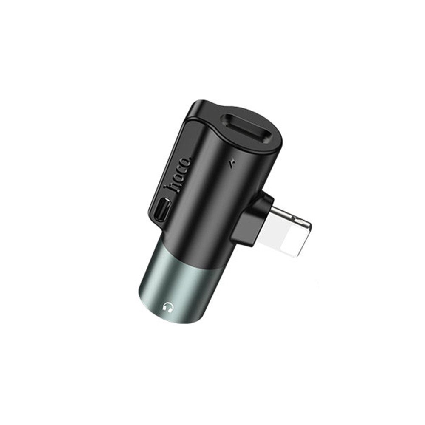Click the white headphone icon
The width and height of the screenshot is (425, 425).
[167, 307]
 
